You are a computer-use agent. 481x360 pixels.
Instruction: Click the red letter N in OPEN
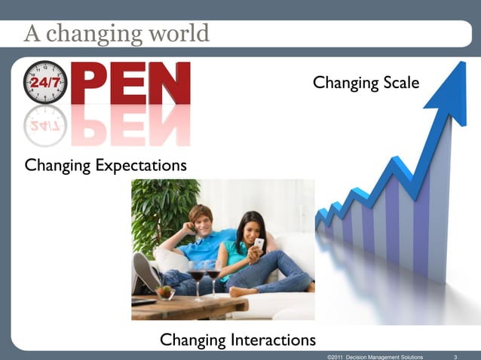click(x=170, y=83)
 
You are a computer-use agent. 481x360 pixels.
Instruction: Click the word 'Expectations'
click(x=140, y=164)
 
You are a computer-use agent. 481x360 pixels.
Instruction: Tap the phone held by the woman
click(x=259, y=243)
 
